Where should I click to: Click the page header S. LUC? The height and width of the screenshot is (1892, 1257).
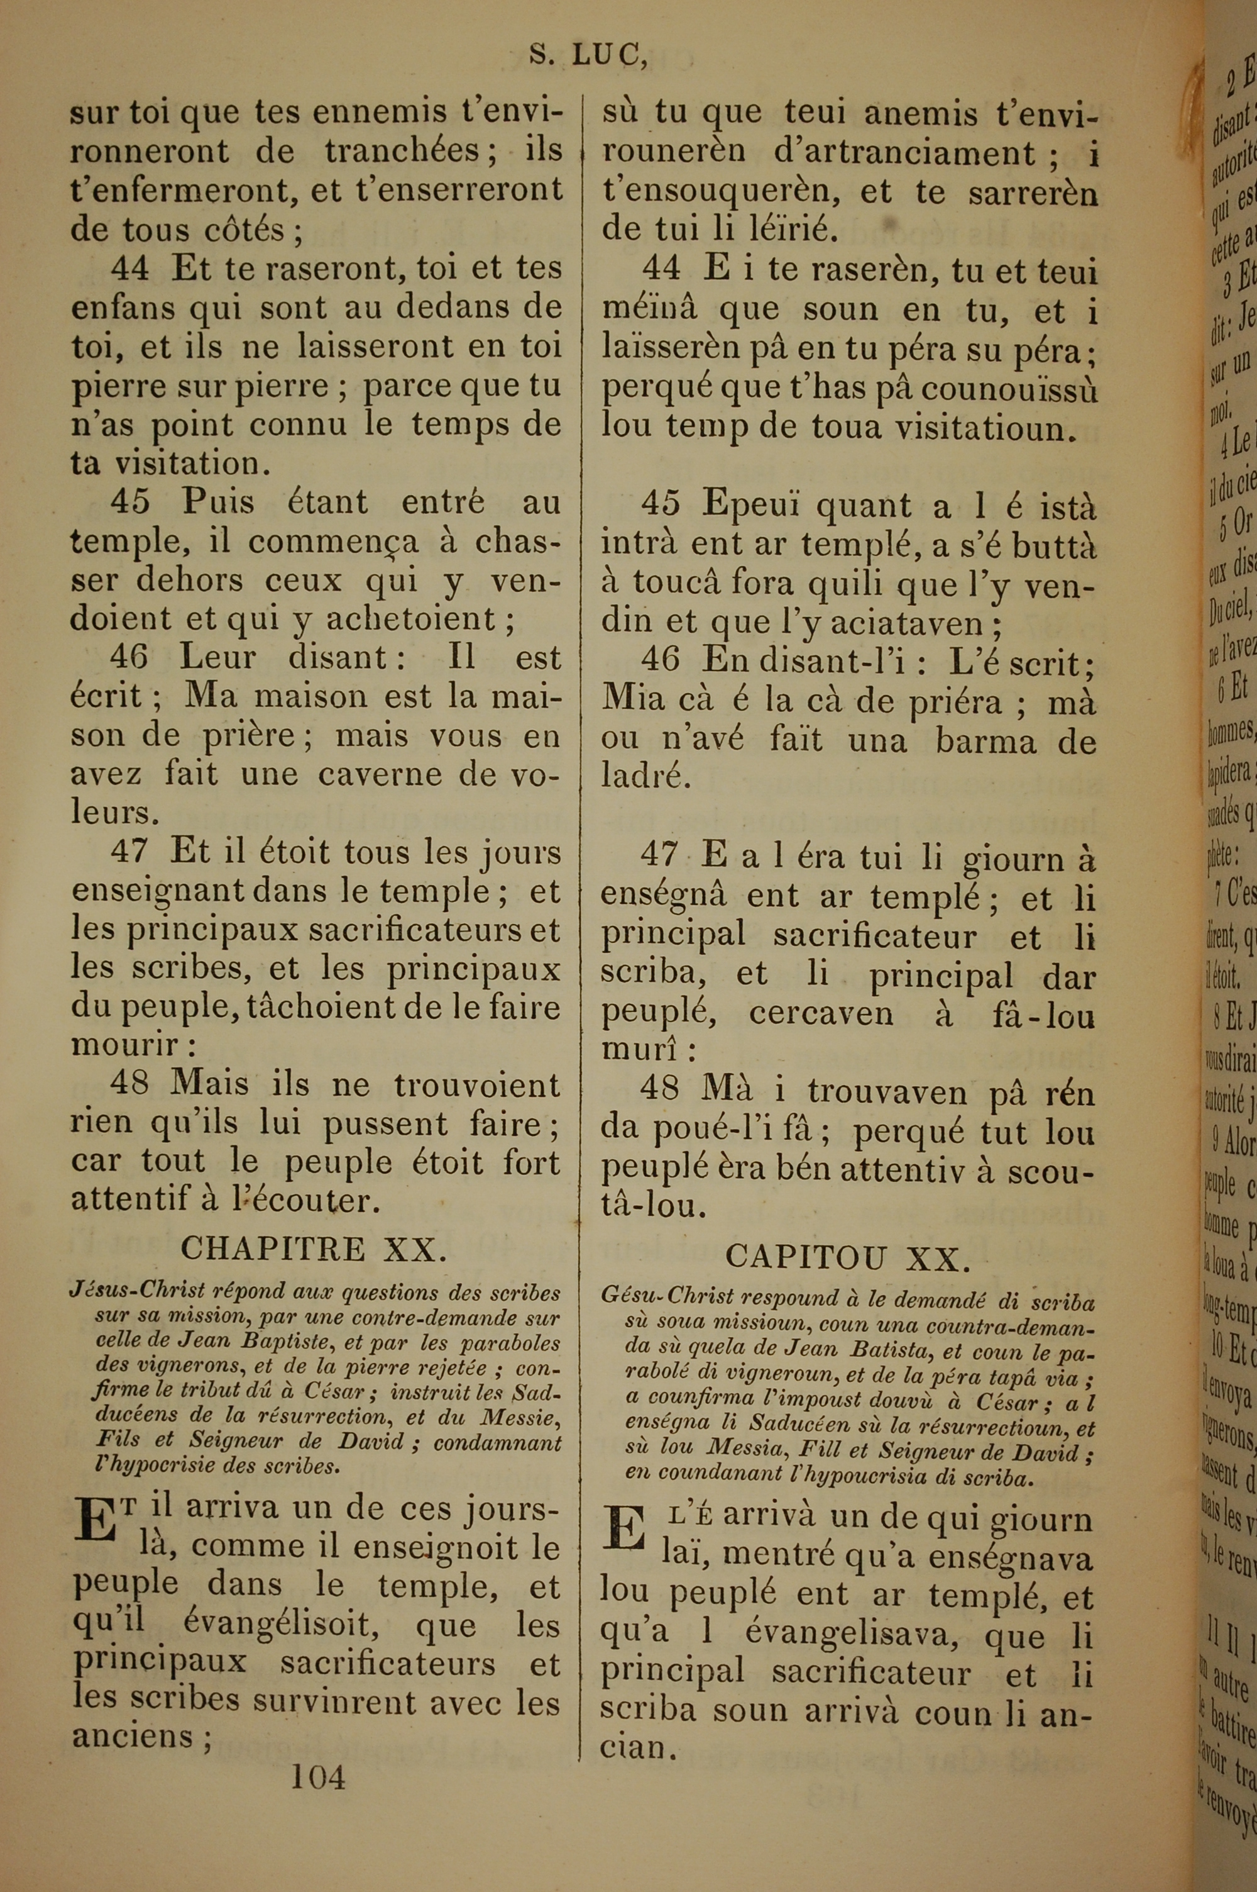[x=588, y=55]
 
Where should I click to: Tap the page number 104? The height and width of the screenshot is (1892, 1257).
[x=317, y=1799]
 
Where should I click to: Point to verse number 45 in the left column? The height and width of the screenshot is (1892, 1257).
[x=130, y=503]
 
